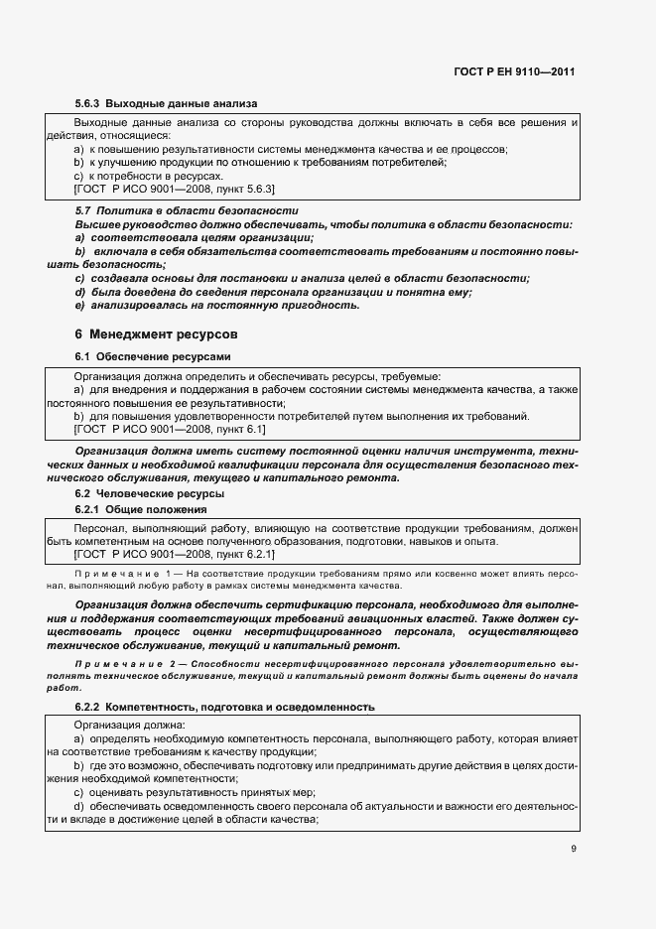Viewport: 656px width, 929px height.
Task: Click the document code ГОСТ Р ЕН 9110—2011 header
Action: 515,71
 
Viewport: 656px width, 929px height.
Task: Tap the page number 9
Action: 574,849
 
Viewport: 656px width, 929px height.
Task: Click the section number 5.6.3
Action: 87,102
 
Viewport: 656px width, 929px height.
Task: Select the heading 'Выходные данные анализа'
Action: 182,102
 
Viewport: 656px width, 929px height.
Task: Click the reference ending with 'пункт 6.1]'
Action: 170,430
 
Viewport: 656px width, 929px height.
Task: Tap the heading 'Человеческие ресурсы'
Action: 159,493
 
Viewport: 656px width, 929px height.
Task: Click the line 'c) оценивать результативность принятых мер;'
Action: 195,792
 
